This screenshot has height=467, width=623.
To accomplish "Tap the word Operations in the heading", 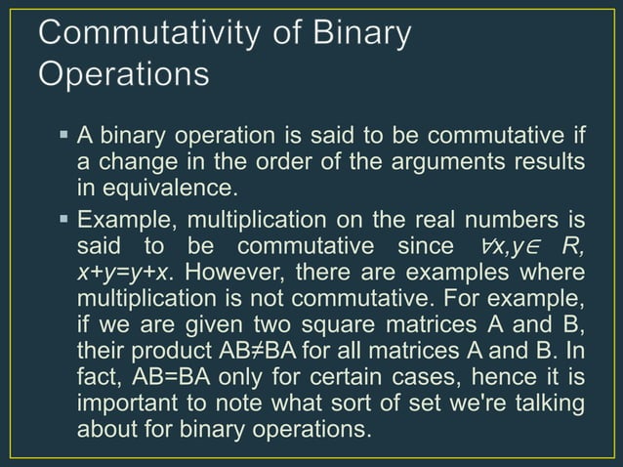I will point(123,74).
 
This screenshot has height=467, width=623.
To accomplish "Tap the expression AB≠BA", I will point(234,349).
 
